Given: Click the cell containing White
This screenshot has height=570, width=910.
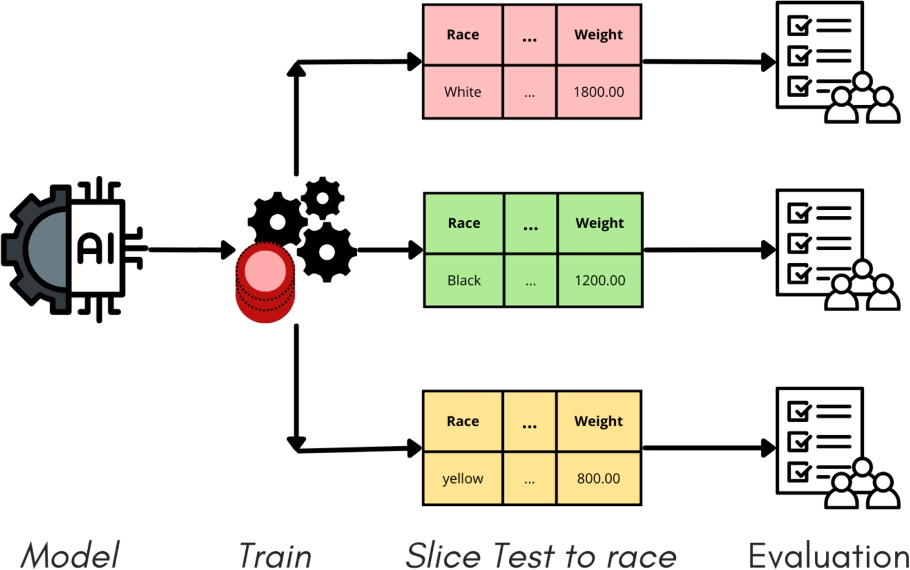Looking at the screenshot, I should [463, 92].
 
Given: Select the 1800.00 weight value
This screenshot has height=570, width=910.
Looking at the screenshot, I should [598, 92].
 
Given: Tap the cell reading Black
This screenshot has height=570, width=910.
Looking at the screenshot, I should [464, 280].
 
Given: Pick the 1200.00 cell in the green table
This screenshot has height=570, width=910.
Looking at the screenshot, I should [599, 280].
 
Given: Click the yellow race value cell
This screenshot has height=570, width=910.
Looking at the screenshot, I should [463, 478].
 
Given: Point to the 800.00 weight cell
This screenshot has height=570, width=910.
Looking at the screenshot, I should [598, 478].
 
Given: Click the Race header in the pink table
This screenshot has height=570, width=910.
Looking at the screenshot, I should [463, 34].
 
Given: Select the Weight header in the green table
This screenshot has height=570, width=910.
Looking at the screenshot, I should [599, 223].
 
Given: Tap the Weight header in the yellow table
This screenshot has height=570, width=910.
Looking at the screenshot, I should [598, 421].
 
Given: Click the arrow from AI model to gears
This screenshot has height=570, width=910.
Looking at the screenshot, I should [191, 249].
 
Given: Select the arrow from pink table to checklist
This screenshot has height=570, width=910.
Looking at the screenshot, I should [708, 61].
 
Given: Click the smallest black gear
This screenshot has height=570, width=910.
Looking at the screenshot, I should [323, 198].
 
